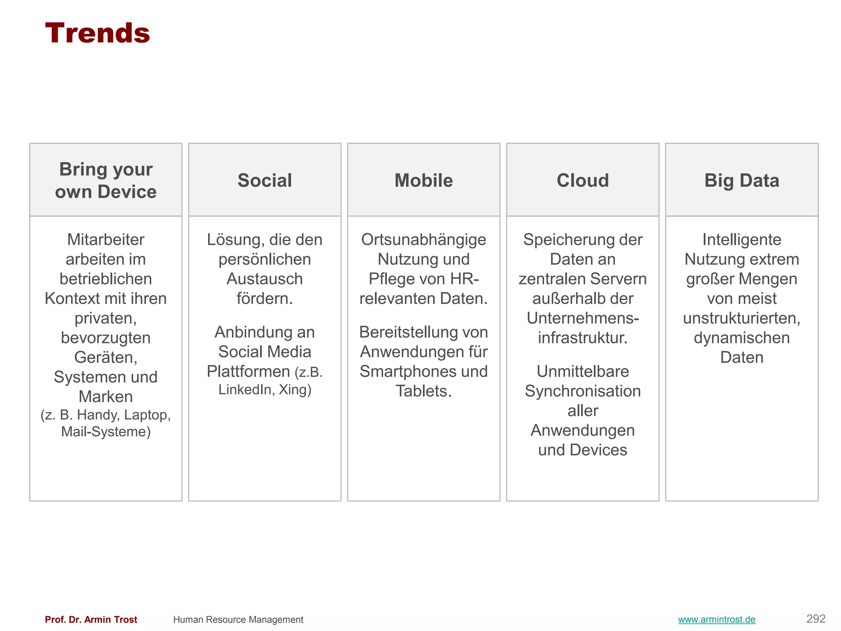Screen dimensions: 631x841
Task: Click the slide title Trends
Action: tap(97, 33)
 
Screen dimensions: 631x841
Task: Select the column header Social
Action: tap(264, 180)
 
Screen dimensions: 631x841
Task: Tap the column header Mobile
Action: tap(423, 180)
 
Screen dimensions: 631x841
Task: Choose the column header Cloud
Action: tap(582, 180)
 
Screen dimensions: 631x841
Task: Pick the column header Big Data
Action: tap(742, 180)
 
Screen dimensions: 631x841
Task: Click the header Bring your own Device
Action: tap(106, 180)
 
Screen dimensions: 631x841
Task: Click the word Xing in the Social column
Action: tap(293, 389)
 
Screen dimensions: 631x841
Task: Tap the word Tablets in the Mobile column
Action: tap(422, 391)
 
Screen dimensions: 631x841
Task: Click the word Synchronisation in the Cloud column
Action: tap(582, 391)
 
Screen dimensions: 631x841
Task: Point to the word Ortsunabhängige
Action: tap(423, 240)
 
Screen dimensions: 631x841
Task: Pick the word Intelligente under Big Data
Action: tap(742, 240)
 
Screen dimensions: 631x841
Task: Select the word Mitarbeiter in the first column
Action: tap(106, 240)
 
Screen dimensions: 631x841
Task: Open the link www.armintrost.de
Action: tap(716, 619)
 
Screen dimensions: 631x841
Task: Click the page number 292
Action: tap(816, 619)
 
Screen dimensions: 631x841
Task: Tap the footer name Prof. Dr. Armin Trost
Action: tap(91, 619)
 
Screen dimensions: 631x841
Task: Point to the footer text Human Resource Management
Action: tap(238, 619)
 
